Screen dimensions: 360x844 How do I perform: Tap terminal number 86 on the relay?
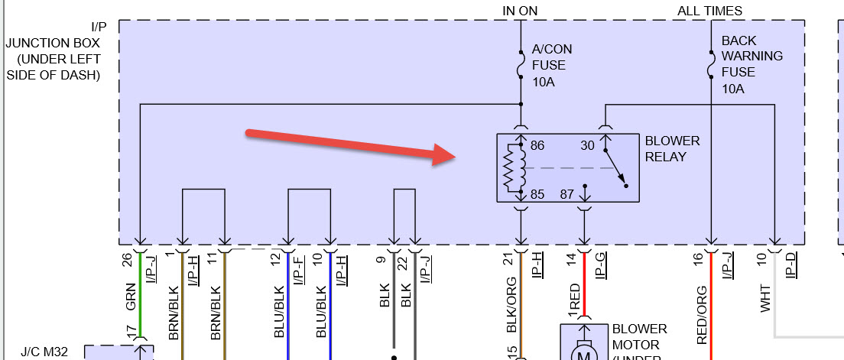537,144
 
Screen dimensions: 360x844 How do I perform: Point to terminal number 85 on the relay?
537,194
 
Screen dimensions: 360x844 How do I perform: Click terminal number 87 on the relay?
566,194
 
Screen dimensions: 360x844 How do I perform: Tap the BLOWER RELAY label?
672,149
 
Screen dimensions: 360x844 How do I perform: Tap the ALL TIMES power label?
709,10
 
